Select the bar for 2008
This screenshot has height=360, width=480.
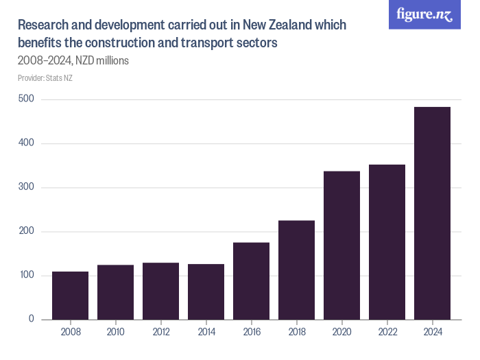pyautogui.click(x=70, y=296)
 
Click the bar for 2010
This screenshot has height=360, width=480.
pyautogui.click(x=115, y=292)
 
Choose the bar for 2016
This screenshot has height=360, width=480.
pyautogui.click(x=251, y=281)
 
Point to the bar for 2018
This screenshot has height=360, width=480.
pyautogui.click(x=296, y=270)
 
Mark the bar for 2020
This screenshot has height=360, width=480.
pyautogui.click(x=341, y=245)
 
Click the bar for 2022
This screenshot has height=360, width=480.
pyautogui.click(x=387, y=242)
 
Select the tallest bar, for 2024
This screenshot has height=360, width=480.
pyautogui.click(x=432, y=213)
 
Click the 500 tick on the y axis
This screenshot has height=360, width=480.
pyautogui.click(x=27, y=99)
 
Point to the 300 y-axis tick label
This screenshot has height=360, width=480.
pyautogui.click(x=27, y=187)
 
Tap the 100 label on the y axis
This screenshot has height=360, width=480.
pyautogui.click(x=27, y=275)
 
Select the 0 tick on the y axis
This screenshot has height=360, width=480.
pyautogui.click(x=32, y=319)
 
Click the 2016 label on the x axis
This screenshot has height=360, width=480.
pyautogui.click(x=251, y=333)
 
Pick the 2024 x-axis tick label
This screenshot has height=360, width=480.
pyautogui.click(x=432, y=333)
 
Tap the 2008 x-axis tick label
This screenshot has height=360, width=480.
pyautogui.click(x=70, y=333)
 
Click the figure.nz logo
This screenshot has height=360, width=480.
pyautogui.click(x=424, y=15)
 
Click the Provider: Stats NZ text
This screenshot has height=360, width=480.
pyautogui.click(x=45, y=77)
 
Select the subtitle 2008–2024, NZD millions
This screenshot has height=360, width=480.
pyautogui.click(x=73, y=60)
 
